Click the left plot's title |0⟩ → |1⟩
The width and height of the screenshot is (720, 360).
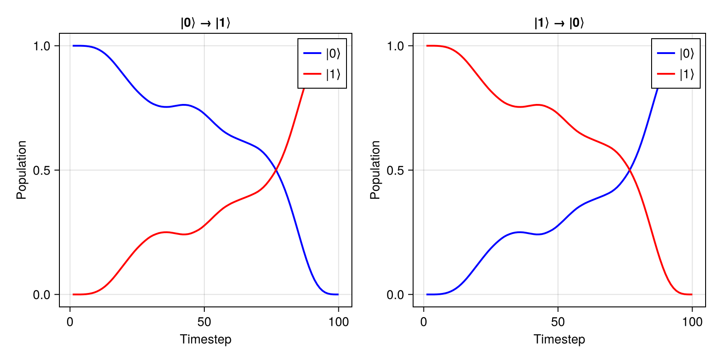[x=205, y=23]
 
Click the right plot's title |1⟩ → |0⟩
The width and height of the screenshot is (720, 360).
[x=559, y=23]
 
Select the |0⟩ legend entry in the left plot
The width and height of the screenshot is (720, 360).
[x=322, y=54]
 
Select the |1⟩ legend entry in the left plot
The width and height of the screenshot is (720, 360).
[x=322, y=74]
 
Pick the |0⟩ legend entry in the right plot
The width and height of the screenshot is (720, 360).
[x=676, y=54]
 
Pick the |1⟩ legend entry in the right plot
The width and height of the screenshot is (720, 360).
[x=676, y=74]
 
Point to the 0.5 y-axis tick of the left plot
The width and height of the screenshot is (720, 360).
[x=42, y=171]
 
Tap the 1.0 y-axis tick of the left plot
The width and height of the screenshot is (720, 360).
[x=42, y=46]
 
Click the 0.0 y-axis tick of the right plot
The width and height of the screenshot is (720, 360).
[x=396, y=295]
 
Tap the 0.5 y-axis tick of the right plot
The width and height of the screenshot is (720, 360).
[x=396, y=171]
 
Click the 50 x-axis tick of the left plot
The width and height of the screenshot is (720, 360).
[x=204, y=322]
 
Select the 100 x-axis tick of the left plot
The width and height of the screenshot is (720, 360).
[x=338, y=322]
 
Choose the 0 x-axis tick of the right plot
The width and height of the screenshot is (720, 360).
[x=423, y=322]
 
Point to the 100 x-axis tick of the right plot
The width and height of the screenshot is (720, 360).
[x=692, y=322]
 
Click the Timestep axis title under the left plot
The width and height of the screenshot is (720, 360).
[x=205, y=339]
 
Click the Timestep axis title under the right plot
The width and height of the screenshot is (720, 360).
[x=559, y=339]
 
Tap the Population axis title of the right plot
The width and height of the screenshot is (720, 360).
[x=375, y=170]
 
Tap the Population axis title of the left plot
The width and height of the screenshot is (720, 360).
[x=22, y=170]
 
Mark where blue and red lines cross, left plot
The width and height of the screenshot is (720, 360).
[x=276, y=170]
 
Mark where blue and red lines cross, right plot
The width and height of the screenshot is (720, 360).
[x=630, y=170]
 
